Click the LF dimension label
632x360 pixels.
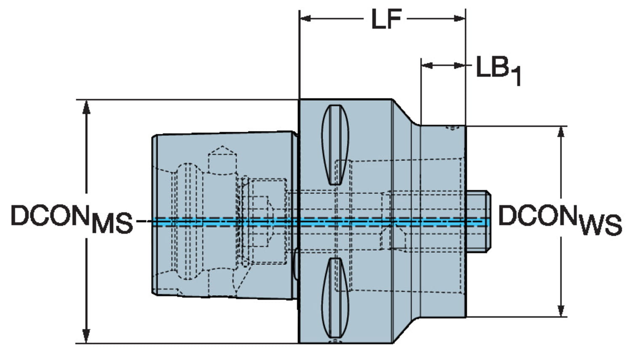[386, 19]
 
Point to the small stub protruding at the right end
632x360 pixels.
[478, 221]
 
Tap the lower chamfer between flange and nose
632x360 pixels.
[406, 331]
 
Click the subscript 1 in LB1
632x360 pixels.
[516, 77]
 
